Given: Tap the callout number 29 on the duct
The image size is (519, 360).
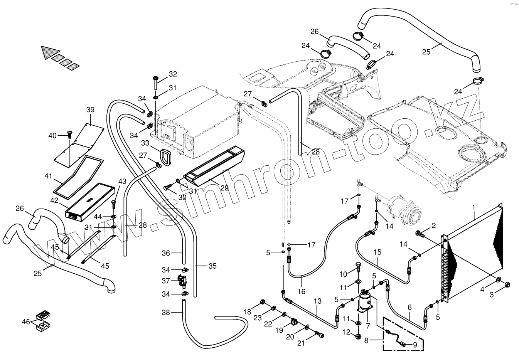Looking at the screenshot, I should (225, 188).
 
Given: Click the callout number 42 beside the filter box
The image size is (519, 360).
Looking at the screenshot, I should (54, 200).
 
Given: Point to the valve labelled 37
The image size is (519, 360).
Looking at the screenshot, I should (182, 281).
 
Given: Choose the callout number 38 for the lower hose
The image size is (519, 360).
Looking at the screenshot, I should (166, 313).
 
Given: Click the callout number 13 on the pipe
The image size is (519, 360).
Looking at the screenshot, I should (317, 301).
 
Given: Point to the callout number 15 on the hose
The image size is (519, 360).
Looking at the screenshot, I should (377, 252).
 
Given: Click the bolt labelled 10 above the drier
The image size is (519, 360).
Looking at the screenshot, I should (358, 267).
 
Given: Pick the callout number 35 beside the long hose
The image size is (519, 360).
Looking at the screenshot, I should (212, 266).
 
